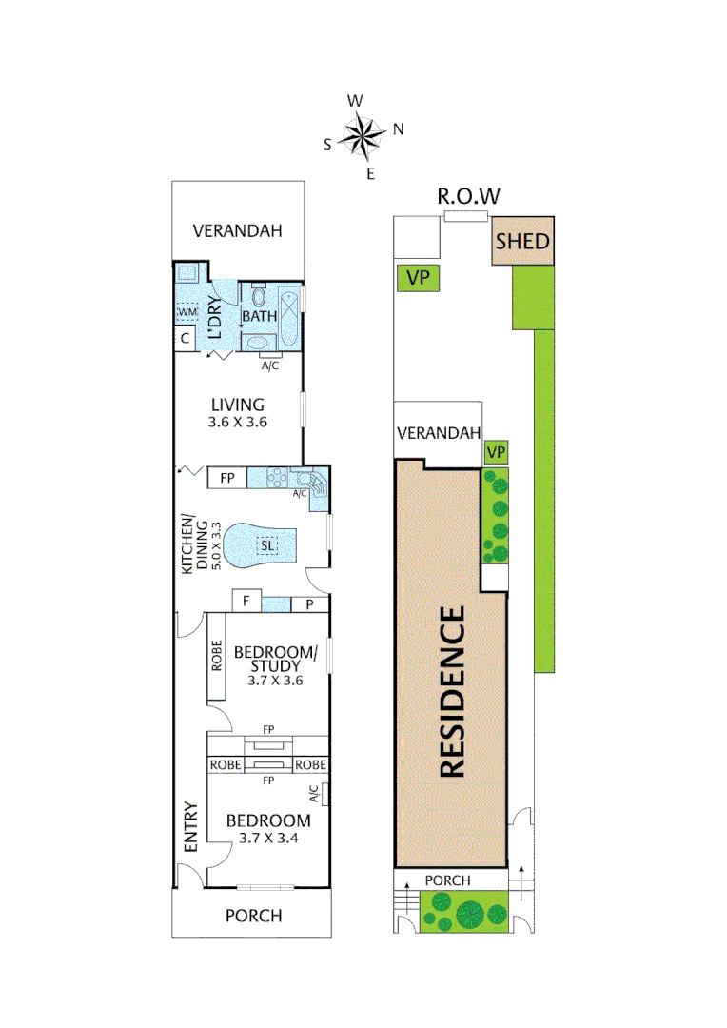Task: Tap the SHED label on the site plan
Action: point(522,241)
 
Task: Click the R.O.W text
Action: point(468,197)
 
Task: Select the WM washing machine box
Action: point(187,311)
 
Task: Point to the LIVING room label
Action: point(238,405)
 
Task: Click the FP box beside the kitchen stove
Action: point(227,478)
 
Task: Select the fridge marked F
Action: point(246,602)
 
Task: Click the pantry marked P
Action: point(309,603)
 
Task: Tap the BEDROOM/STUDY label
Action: point(274,659)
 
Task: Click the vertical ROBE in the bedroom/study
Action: point(216,656)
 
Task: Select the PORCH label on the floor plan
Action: point(253,916)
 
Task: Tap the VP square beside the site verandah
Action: point(495,452)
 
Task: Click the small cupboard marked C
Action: point(184,339)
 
